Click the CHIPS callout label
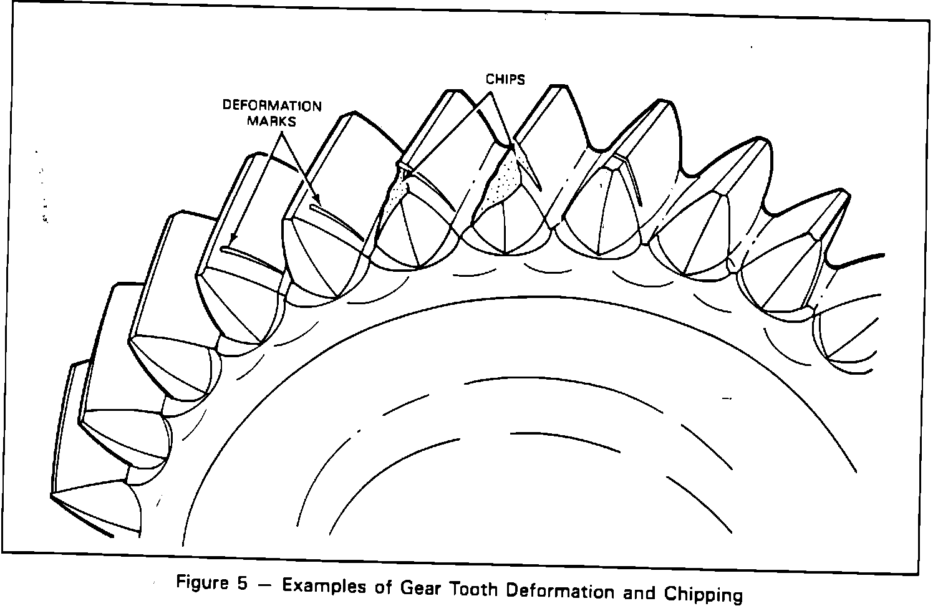(x=505, y=79)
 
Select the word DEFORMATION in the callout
(x=273, y=105)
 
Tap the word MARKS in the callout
(x=271, y=121)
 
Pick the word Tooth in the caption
(x=473, y=589)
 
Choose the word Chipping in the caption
(x=703, y=594)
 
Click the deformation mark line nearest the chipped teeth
(x=337, y=218)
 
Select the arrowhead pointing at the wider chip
(x=511, y=148)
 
